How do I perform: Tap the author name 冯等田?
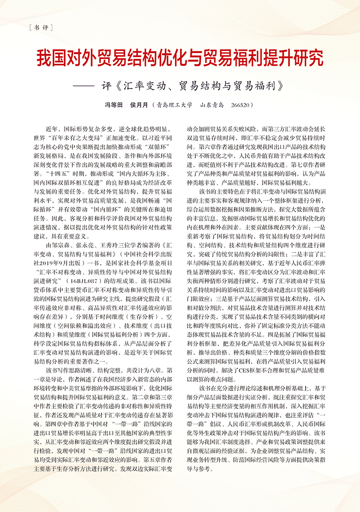click(x=114, y=105)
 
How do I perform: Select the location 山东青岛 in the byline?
click(x=212, y=105)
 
